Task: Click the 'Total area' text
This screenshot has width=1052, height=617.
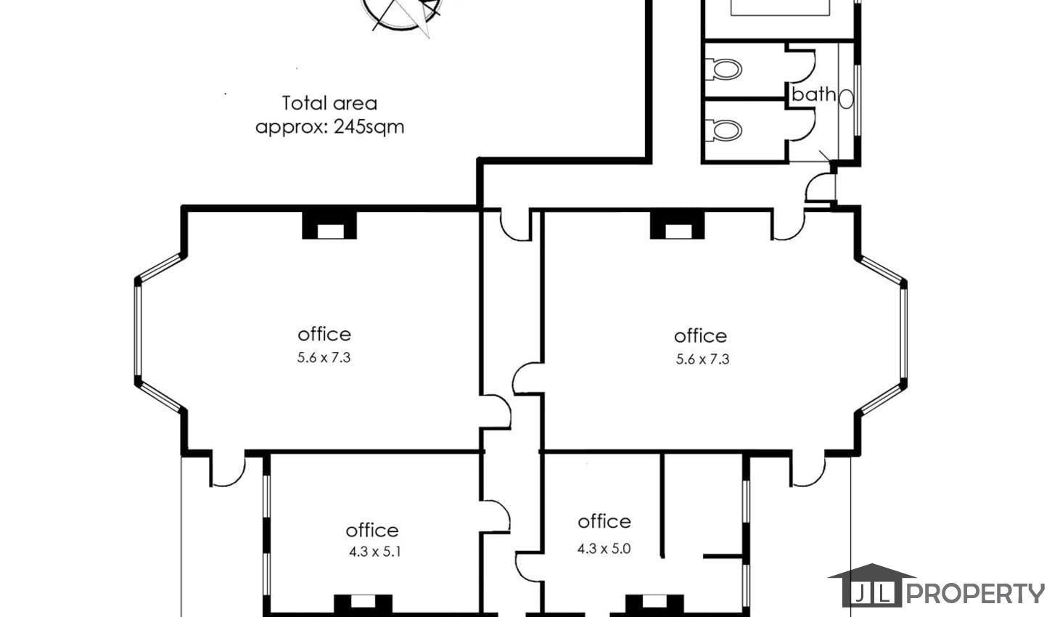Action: pyautogui.click(x=329, y=103)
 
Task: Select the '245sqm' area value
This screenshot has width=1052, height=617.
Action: pyautogui.click(x=369, y=127)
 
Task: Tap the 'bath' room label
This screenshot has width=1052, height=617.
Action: pyautogui.click(x=814, y=94)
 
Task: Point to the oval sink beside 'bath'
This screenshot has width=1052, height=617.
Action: pyautogui.click(x=846, y=99)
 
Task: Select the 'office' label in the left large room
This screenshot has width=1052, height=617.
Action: pyautogui.click(x=324, y=335)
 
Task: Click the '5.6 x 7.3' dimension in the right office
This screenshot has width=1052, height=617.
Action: pyautogui.click(x=702, y=359)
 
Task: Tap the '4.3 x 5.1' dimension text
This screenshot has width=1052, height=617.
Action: pyautogui.click(x=375, y=552)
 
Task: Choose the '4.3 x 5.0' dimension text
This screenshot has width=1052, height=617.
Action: pyautogui.click(x=604, y=549)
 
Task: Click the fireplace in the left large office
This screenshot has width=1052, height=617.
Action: pyautogui.click(x=329, y=225)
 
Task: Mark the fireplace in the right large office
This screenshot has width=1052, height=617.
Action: pyautogui.click(x=677, y=225)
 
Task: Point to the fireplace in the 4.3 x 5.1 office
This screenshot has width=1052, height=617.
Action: pyautogui.click(x=363, y=605)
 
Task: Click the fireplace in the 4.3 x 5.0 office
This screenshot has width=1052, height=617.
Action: pyautogui.click(x=654, y=605)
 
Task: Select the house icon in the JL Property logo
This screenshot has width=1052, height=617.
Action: pyautogui.click(x=872, y=585)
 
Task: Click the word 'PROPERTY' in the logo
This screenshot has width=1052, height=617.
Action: pyautogui.click(x=976, y=594)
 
